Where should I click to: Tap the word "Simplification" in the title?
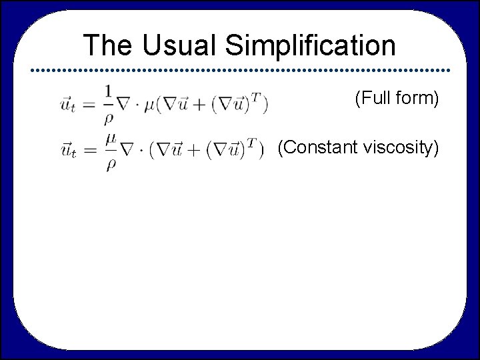tap(311, 46)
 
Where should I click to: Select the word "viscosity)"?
tap(401, 147)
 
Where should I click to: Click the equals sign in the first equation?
tap(90, 104)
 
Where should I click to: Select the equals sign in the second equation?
tap(90, 152)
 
